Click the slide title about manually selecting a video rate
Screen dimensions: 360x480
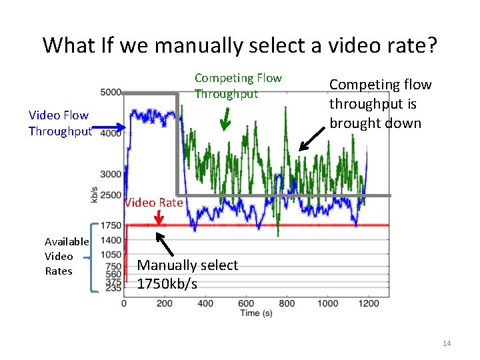[x=240, y=45]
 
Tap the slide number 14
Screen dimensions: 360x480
[x=447, y=343]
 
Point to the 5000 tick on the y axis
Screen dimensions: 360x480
[x=111, y=92]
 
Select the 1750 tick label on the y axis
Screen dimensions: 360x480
[x=111, y=226]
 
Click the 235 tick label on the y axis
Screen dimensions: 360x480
[x=113, y=289]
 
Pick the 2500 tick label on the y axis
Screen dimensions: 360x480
[x=111, y=195]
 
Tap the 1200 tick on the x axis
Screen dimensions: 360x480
[x=369, y=303]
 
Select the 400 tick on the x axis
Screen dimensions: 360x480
[x=205, y=303]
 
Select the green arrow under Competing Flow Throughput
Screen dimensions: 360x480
[x=225, y=118]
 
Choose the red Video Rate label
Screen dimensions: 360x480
[x=153, y=203]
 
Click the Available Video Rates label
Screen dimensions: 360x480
[x=67, y=256]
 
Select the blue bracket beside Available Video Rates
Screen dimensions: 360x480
[x=95, y=257]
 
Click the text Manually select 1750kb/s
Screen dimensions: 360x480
[x=187, y=274]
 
